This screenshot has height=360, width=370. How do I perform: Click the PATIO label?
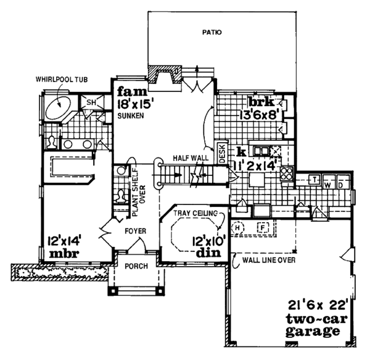[x=212, y=31]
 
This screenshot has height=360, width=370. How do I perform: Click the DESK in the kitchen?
[x=223, y=154]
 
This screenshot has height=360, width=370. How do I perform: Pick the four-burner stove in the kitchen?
[x=287, y=173]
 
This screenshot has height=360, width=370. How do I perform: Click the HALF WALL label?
[x=189, y=158]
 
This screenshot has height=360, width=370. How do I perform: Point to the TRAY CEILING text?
[x=196, y=213]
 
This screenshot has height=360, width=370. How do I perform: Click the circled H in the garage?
[x=240, y=227]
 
